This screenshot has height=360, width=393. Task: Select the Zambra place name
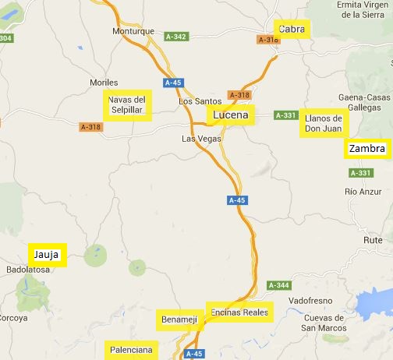366,148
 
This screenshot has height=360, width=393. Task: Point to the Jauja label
47,255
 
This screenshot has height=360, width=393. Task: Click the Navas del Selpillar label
127,104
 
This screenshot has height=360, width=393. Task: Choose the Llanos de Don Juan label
324,123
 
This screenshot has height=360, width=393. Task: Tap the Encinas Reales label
239,312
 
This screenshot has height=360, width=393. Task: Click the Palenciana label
131,350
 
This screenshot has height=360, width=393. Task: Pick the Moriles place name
104,82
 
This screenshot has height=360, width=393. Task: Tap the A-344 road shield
278,286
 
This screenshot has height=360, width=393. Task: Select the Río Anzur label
360,191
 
